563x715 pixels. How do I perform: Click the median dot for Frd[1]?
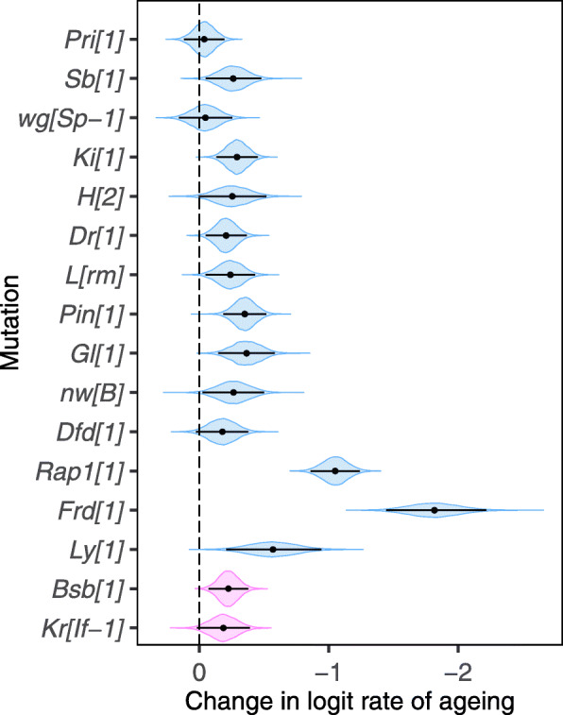(435, 510)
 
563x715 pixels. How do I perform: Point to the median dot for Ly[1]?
(273, 549)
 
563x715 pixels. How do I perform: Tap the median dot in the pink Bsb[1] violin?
(229, 588)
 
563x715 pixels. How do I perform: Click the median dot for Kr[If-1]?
(223, 627)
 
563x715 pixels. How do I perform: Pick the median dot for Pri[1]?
(203, 40)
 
